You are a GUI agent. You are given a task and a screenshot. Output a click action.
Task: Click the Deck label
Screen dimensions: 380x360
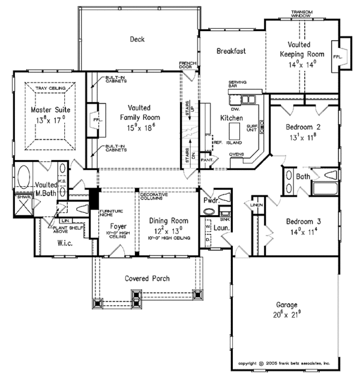(x=138, y=40)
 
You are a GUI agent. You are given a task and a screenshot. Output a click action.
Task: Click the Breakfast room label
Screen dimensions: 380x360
(x=232, y=52)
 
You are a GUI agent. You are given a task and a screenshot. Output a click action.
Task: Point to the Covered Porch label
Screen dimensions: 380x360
(x=147, y=279)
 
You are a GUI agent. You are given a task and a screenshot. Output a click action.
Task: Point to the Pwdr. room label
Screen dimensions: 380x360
(x=210, y=200)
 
